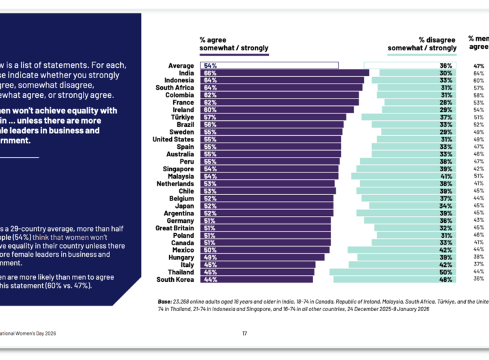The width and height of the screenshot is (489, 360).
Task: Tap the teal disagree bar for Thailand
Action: [x=393, y=272]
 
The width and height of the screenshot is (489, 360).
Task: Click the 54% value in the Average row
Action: [x=210, y=65]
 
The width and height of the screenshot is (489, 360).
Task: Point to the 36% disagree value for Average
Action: [x=446, y=65]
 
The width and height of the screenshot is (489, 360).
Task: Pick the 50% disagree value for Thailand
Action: [x=446, y=272]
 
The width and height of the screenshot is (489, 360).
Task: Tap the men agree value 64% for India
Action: [x=479, y=73]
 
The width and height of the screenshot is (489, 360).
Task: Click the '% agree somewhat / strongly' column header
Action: [x=234, y=44]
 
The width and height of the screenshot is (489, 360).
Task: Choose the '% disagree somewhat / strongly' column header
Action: [x=422, y=44]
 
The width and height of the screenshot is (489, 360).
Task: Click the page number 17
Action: [x=244, y=333]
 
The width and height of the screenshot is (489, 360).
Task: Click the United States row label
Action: [x=174, y=139]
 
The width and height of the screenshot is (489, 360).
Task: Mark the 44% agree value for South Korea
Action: [x=210, y=279]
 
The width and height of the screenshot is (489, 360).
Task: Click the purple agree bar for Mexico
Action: [x=264, y=250]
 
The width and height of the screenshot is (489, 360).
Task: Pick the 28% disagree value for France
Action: [x=446, y=102]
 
